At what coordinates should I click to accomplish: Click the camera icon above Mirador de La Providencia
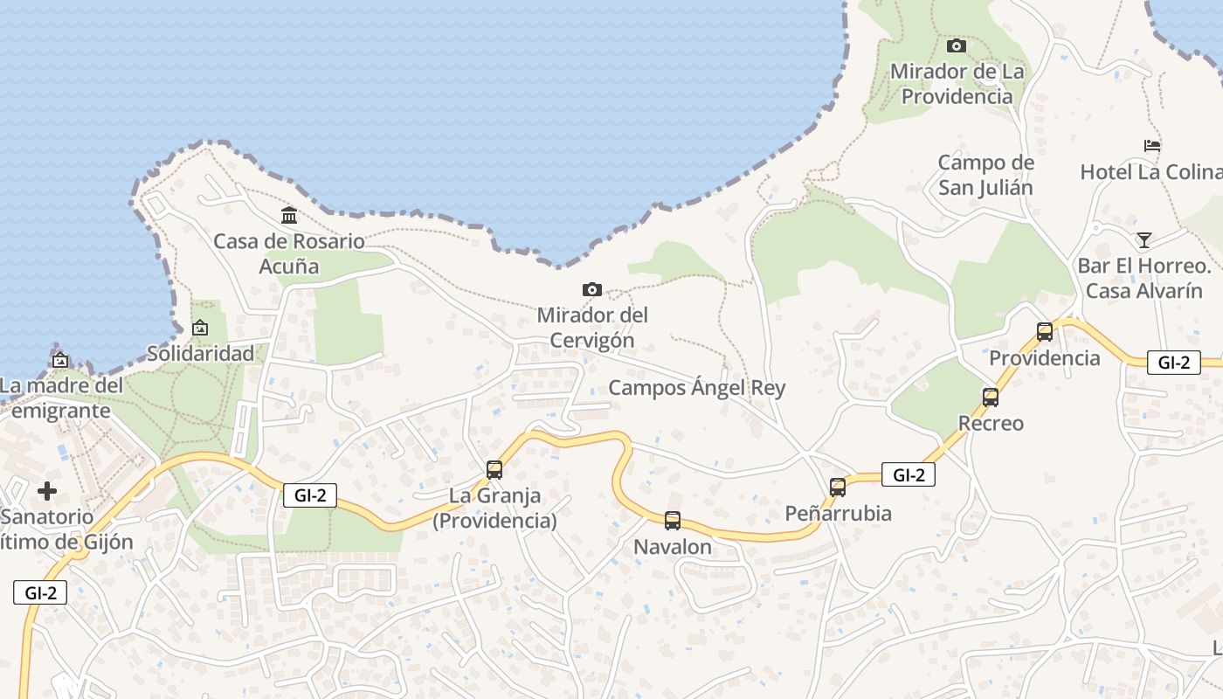[x=957, y=45]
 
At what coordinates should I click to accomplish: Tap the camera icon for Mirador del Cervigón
[x=591, y=289]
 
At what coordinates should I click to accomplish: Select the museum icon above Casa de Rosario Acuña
[x=288, y=215]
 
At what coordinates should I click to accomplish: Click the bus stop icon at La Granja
[x=494, y=470]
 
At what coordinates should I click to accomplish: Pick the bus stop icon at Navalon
[x=672, y=521]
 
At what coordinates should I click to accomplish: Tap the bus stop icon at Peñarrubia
[x=838, y=488]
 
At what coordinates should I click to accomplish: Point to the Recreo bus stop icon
[x=991, y=398]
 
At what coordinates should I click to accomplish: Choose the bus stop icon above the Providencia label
[x=1045, y=332]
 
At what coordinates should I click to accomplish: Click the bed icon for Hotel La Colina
[x=1152, y=146]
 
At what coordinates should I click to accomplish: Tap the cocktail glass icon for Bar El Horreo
[x=1144, y=239]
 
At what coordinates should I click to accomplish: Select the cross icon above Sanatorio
[x=47, y=491]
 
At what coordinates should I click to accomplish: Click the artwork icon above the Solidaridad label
[x=200, y=329]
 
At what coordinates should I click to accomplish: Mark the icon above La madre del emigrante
[x=60, y=359]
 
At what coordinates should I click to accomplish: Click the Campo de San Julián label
[x=985, y=175]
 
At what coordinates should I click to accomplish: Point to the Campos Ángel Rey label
[x=696, y=388]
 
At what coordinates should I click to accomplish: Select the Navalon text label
[x=672, y=548]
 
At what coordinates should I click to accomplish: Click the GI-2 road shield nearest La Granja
[x=310, y=495]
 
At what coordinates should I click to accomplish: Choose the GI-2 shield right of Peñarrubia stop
[x=909, y=474]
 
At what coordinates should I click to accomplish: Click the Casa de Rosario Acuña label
[x=289, y=253]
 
